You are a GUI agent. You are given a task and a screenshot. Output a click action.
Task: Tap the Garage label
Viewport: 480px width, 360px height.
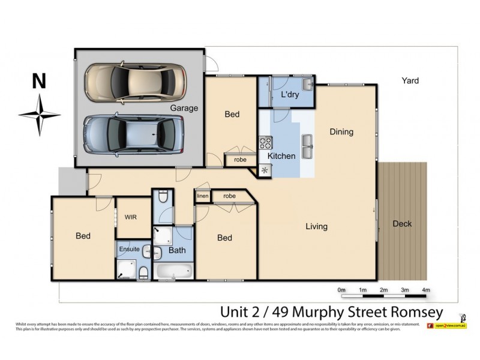pyautogui.click(x=184, y=109)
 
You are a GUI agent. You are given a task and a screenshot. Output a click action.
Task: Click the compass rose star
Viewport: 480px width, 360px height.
pyautogui.click(x=40, y=114)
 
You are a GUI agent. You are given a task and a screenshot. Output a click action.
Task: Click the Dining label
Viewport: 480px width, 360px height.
pyautogui.click(x=341, y=132)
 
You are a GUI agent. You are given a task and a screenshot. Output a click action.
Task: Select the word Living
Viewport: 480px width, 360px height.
pyautogui.click(x=316, y=226)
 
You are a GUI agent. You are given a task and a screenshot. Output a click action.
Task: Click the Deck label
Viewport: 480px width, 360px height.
pyautogui.click(x=402, y=224)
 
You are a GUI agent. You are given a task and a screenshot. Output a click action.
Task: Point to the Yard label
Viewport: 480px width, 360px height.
pyautogui.click(x=410, y=80)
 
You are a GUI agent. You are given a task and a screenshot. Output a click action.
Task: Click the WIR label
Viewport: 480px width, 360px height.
pyautogui.click(x=131, y=217)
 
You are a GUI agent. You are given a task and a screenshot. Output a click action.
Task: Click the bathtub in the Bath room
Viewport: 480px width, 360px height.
pyautogui.click(x=173, y=271)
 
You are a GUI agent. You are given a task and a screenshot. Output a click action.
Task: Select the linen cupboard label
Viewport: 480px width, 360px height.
pyautogui.click(x=202, y=196)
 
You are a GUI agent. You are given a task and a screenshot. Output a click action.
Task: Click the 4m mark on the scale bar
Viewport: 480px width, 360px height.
pyautogui.click(x=426, y=290)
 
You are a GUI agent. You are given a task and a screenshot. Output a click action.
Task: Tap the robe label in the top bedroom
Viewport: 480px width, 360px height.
pyautogui.click(x=240, y=160)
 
